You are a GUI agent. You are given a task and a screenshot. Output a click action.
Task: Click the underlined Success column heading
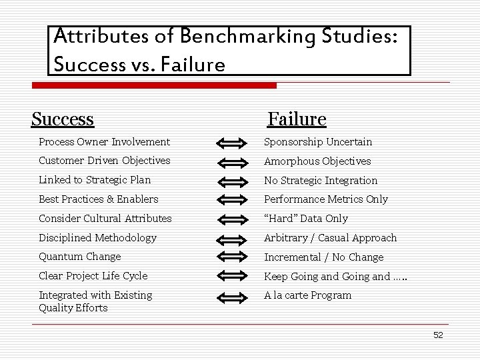click(x=63, y=119)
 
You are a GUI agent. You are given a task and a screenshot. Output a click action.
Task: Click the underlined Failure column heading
click(x=297, y=119)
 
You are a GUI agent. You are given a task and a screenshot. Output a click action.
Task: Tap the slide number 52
click(x=438, y=335)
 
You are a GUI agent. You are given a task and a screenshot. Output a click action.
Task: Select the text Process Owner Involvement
click(x=104, y=141)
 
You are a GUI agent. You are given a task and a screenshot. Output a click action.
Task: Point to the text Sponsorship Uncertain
click(x=318, y=141)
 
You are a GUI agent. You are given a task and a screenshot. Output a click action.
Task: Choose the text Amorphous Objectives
click(x=317, y=161)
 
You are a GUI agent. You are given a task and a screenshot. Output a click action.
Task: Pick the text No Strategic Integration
click(x=321, y=180)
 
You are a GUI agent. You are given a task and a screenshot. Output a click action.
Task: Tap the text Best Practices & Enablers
click(x=99, y=199)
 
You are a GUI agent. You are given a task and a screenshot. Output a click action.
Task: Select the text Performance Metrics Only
click(x=326, y=199)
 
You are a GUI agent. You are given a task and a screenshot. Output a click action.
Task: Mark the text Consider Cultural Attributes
click(x=105, y=218)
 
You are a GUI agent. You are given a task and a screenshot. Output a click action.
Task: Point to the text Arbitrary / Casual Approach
click(x=330, y=237)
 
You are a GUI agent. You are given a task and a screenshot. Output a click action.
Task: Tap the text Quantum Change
click(x=80, y=256)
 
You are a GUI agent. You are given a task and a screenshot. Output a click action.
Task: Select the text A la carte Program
click(x=307, y=295)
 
